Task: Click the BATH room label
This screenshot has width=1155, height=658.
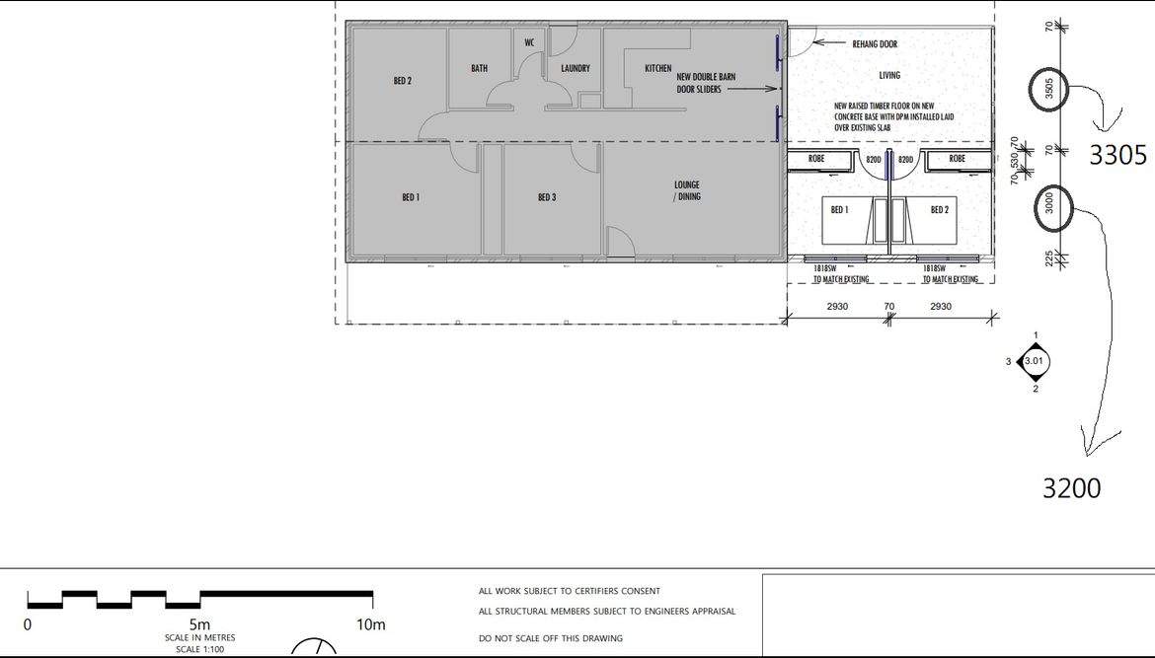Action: coord(480,68)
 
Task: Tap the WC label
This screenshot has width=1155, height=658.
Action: coord(529,42)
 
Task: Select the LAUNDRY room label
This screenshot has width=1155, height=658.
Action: coord(576,68)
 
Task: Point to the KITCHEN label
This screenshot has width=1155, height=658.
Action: coord(657,68)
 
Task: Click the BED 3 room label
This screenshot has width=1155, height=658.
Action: coord(547,197)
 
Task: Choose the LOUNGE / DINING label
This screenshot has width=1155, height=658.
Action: coord(687,190)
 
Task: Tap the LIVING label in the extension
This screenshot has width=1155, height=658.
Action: coord(889,75)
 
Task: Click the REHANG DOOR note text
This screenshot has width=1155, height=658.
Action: coord(875,44)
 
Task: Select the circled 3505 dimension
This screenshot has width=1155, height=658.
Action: coord(1049,89)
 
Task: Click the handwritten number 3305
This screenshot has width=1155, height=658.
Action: coord(1118,155)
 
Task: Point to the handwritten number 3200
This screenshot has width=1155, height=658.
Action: coord(1072,488)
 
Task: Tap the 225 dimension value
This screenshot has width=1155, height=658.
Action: coord(1049,258)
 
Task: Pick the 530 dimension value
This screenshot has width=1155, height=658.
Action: coord(1015,161)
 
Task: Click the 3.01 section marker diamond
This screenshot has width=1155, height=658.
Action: coord(1034,361)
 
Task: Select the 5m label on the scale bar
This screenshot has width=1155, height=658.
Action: coord(199,624)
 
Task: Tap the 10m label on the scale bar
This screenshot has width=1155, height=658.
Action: coord(371,624)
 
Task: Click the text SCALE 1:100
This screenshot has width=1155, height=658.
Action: coord(199,649)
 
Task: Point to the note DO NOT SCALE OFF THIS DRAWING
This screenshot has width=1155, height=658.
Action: coord(551,638)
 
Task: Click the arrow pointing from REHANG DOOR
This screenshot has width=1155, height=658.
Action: coord(828,42)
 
